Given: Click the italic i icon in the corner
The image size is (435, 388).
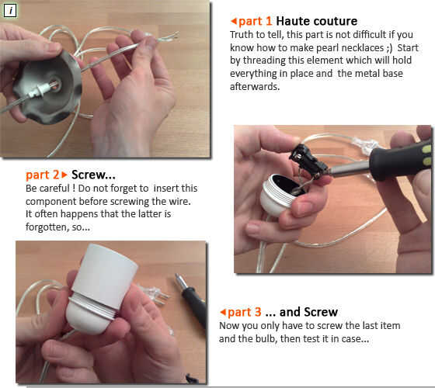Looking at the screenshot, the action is [x=10, y=11].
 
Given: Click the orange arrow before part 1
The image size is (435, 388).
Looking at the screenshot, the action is [x=234, y=21].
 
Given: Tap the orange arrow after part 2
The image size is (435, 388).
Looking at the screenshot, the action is [x=64, y=175].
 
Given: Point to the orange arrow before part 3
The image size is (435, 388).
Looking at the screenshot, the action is [x=222, y=312].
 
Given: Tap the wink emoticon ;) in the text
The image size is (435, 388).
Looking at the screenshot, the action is [x=389, y=48].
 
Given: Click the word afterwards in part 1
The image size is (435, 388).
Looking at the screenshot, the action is [x=255, y=86].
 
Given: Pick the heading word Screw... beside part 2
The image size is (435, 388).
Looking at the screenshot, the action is [x=93, y=175].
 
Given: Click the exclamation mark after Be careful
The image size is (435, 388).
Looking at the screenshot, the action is [x=74, y=188].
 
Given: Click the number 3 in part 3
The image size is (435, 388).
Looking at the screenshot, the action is [x=258, y=312].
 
